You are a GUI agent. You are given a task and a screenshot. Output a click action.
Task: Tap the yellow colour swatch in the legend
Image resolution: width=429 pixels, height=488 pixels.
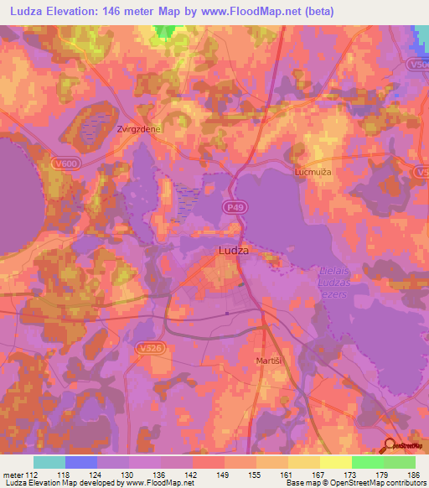tap(336, 462)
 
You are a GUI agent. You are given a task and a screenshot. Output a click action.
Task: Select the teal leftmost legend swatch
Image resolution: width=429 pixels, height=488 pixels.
tap(49, 462)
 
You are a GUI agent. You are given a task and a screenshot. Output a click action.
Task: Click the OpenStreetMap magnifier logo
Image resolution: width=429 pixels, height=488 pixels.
tap(390, 444)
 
